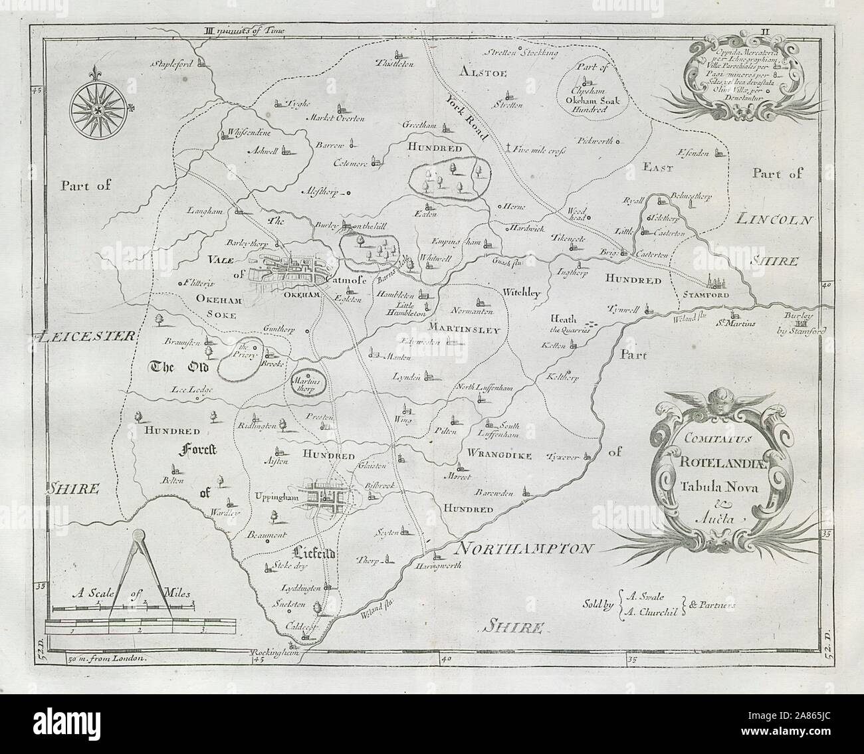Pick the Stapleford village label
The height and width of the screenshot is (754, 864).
point(174,64)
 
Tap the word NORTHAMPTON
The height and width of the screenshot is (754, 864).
point(524,549)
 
